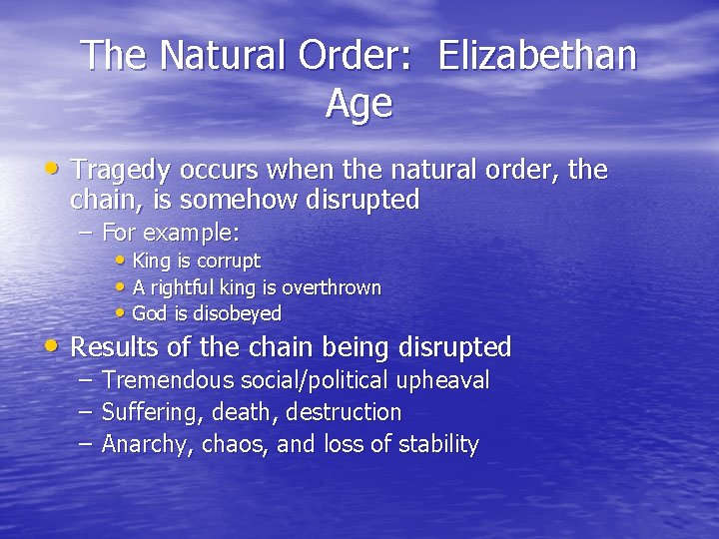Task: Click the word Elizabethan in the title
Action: point(537,56)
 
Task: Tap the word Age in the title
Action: point(359,104)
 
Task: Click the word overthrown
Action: point(332,287)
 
